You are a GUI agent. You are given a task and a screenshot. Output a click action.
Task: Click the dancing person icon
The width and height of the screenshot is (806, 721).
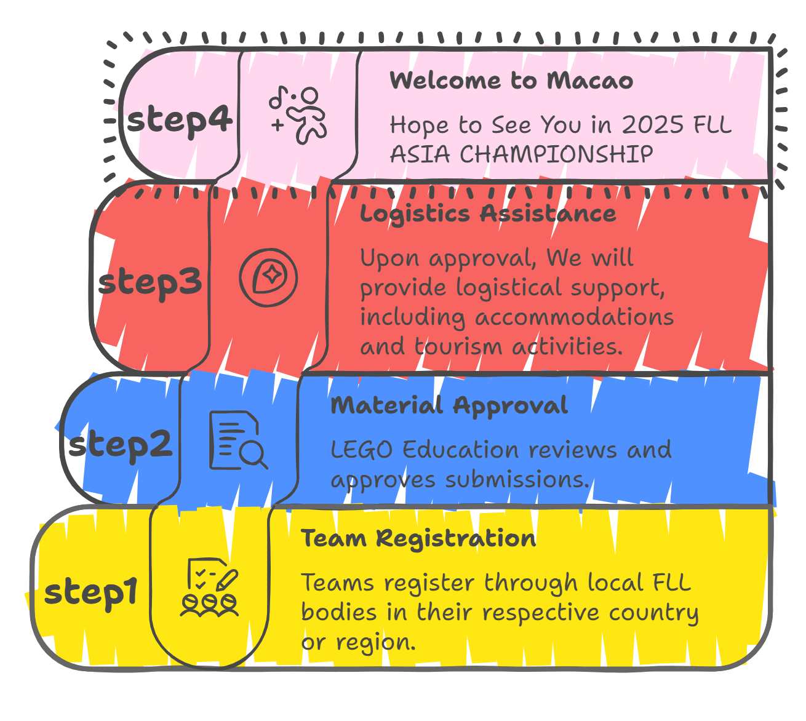298,114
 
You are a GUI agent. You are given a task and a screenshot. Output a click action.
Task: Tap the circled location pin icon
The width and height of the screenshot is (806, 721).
268,277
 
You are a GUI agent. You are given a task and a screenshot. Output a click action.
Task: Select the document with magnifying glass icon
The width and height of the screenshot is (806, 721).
239,440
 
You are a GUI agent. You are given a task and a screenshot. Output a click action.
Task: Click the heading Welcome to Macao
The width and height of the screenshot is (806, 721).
511,81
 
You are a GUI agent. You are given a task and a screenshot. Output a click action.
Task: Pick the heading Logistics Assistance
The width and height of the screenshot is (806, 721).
488,214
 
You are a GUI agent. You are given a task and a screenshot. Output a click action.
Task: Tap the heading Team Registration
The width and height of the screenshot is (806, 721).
418,539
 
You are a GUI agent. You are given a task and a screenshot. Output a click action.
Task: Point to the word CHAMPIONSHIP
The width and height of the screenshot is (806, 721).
557,154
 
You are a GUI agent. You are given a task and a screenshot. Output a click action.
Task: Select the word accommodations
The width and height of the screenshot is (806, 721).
575,317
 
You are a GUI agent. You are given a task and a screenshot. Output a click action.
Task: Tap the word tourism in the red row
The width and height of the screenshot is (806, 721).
458,346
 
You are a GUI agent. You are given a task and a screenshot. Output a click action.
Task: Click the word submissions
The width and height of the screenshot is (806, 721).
517,480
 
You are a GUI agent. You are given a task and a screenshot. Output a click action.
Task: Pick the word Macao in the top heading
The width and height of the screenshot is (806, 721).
590,81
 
